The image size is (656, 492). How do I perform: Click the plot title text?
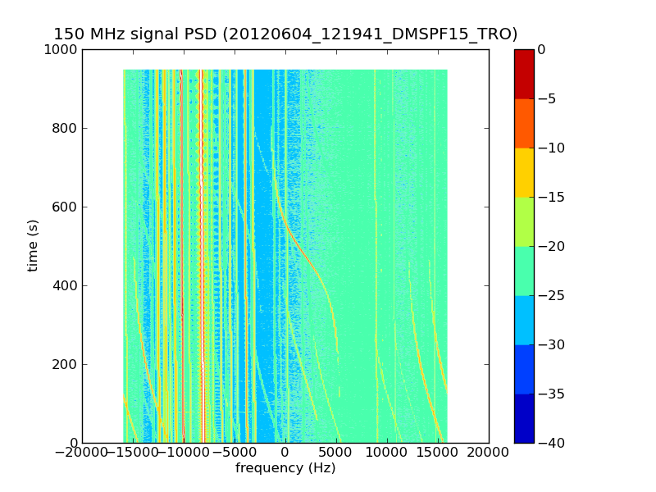(285, 34)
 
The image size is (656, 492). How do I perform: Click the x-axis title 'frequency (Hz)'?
(285, 468)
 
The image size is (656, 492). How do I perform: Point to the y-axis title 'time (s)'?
(33, 245)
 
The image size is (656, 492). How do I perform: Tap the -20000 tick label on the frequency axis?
(82, 453)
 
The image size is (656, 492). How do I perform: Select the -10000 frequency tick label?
(184, 453)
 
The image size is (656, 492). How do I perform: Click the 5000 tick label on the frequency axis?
(336, 453)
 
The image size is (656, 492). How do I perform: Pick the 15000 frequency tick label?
(438, 453)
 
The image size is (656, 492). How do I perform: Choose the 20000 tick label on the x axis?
(489, 453)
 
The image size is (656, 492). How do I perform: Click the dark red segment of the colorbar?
(524, 74)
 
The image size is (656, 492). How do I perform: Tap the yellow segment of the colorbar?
(524, 172)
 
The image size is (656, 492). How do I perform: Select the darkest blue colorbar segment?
(524, 418)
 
